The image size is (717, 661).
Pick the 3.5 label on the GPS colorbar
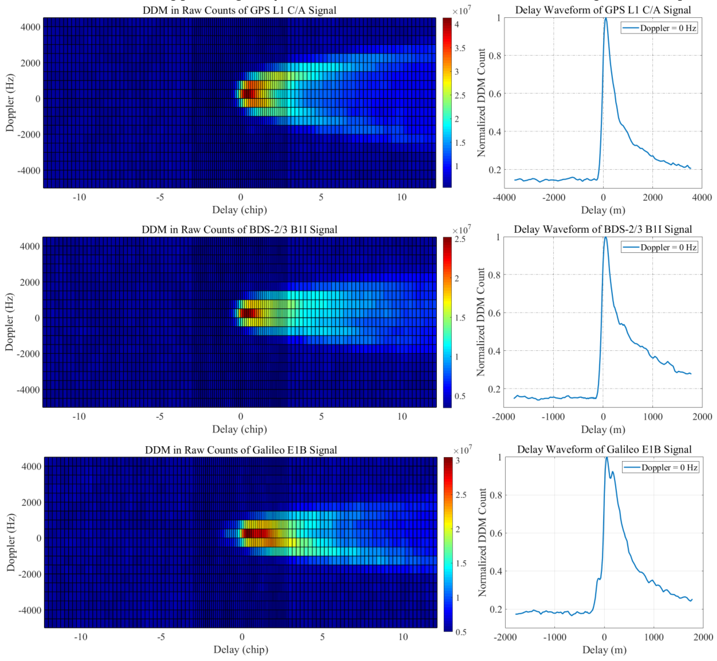(460, 48)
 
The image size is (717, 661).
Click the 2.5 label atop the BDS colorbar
(460, 239)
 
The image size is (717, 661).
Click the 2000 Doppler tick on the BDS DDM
(30, 282)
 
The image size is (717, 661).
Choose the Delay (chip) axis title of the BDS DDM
(239, 429)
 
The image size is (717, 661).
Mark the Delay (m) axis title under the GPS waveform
(603, 210)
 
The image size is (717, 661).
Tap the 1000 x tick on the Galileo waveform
(654, 637)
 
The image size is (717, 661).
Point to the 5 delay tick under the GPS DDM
(321, 197)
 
